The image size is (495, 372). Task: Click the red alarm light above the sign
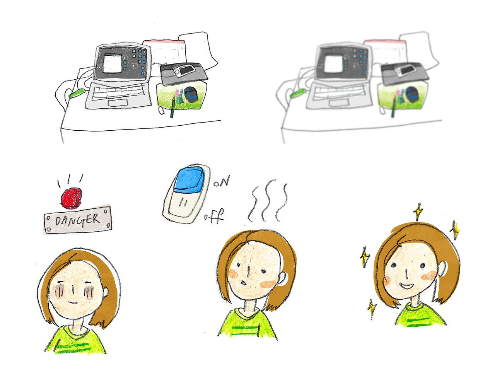tap(71, 198)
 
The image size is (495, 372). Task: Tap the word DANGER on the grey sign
tap(77, 220)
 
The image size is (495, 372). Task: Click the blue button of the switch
tap(190, 180)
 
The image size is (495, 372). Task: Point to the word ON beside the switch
tap(222, 181)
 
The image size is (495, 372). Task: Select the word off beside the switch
tap(214, 216)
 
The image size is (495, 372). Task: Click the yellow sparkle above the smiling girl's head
tap(418, 212)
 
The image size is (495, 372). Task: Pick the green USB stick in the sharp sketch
tap(77, 93)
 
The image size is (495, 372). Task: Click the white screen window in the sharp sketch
tap(112, 63)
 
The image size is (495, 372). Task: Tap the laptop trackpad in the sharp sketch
tap(118, 103)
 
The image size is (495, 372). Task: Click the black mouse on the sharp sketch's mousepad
tap(191, 95)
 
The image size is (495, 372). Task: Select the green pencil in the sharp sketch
tap(173, 107)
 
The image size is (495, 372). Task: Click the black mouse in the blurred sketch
tap(412, 95)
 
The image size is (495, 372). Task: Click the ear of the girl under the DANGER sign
tap(106, 292)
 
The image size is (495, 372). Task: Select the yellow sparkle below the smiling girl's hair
tap(372, 309)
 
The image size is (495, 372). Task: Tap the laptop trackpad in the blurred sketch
tap(339, 103)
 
